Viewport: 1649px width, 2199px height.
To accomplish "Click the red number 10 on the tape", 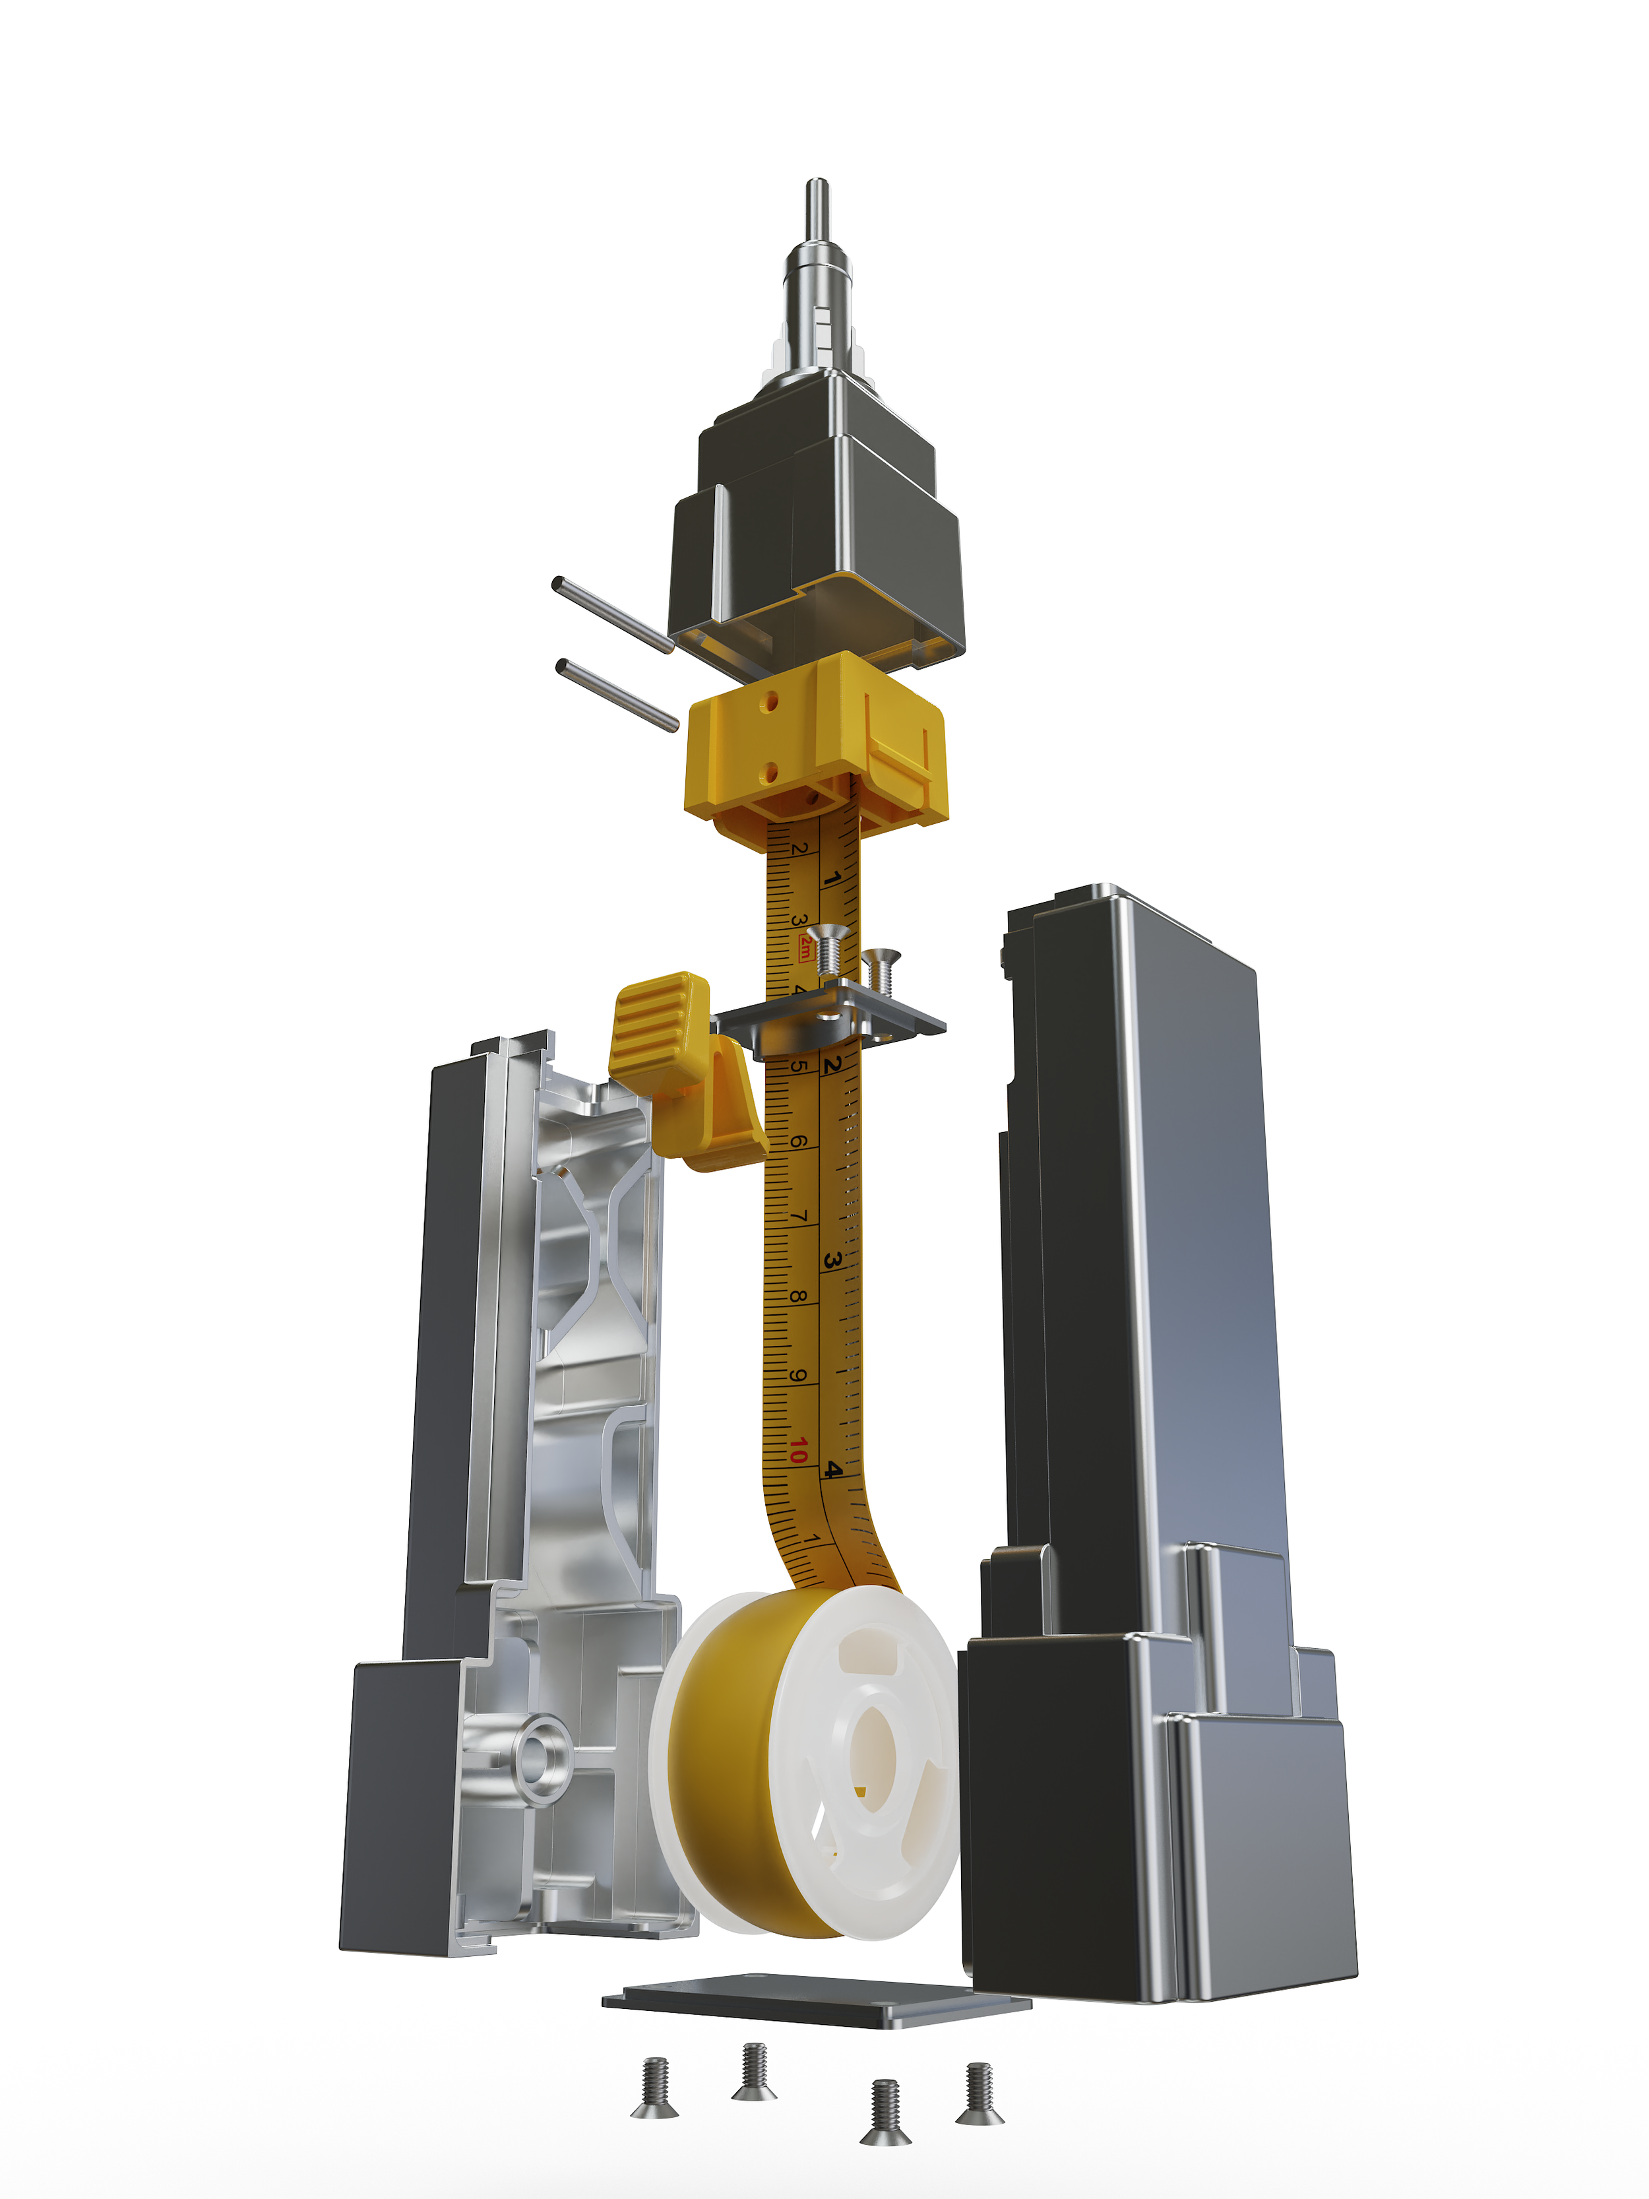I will pos(797,1450).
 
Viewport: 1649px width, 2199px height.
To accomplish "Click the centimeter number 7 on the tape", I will pos(797,1216).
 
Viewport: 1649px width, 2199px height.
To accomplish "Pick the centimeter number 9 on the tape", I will pos(797,1376).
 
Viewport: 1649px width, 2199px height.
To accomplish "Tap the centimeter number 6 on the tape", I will pos(797,1141).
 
